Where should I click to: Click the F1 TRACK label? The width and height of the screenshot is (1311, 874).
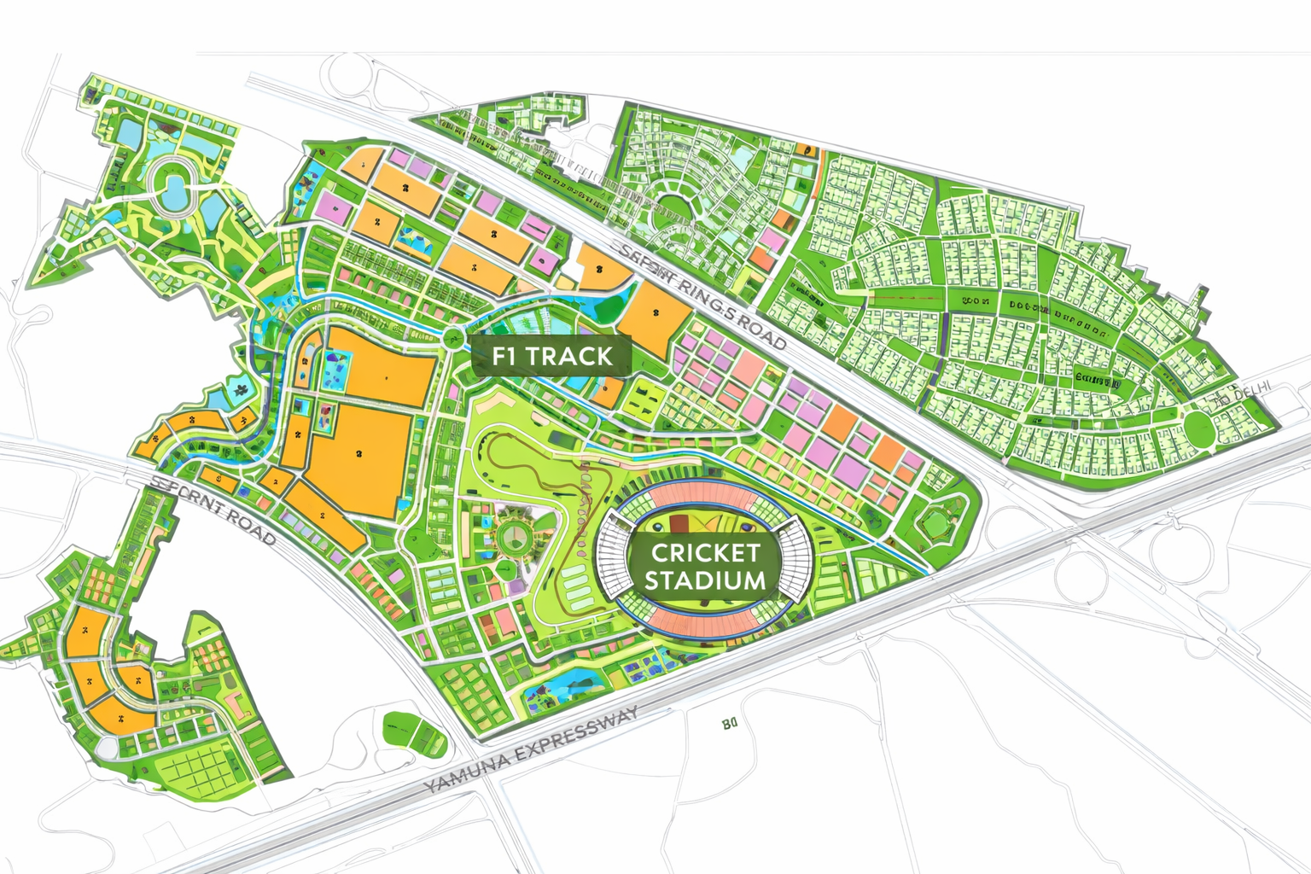tap(551, 356)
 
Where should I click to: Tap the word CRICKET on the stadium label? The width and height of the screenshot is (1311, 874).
tap(704, 552)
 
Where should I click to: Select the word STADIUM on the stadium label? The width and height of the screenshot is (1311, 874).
tap(704, 581)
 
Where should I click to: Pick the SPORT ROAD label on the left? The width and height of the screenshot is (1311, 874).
tap(213, 510)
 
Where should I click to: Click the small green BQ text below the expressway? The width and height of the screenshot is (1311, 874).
tap(729, 725)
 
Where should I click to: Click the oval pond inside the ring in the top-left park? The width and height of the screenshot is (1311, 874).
tap(176, 189)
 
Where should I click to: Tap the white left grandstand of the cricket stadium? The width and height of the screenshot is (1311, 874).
tap(614, 559)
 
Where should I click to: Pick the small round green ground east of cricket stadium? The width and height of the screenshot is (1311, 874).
tap(936, 524)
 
